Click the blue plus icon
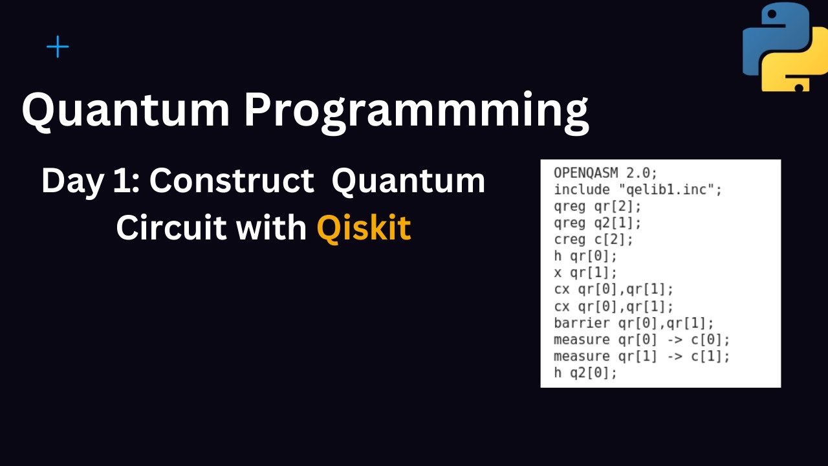click(58, 47)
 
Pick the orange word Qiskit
click(364, 227)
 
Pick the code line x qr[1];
click(586, 272)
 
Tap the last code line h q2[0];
click(586, 373)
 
